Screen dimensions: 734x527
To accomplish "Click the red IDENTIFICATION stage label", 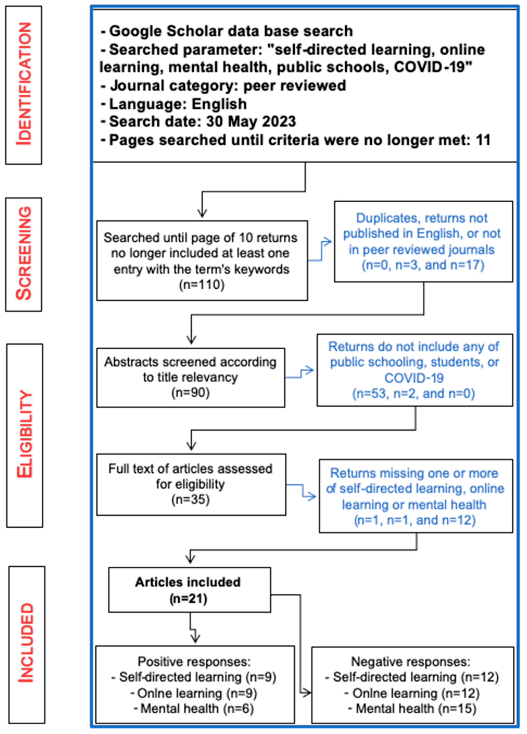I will tap(24, 85).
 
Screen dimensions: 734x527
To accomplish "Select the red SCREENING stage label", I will tap(24, 254).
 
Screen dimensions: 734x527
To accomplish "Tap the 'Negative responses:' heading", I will tap(410, 661).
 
